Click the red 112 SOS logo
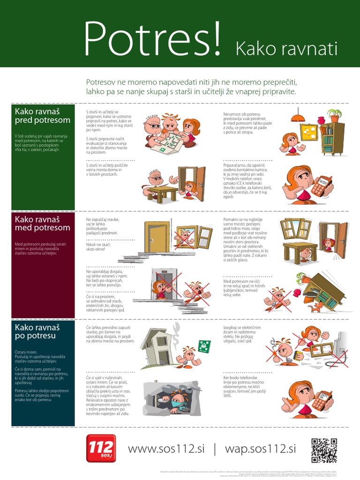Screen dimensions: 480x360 tap(101, 448)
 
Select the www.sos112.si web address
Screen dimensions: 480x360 tap(166, 449)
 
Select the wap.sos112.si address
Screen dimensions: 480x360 tap(261, 449)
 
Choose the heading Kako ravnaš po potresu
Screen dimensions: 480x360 tap(37, 331)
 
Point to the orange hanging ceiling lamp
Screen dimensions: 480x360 tap(296, 116)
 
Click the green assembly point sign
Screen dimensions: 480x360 tap(204, 346)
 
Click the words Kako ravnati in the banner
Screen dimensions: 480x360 tap(286, 48)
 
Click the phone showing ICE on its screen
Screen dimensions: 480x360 tap(320, 186)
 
